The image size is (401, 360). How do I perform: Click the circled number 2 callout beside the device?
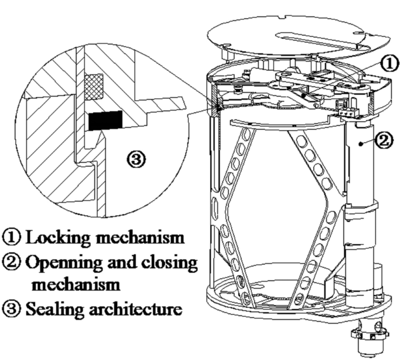coord(385,140)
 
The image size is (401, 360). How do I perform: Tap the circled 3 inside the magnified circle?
coord(136,159)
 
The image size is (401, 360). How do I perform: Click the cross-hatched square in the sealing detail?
coord(93,83)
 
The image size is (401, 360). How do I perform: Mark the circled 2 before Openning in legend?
coord(11,264)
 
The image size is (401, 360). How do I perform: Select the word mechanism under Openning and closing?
coord(66,285)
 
